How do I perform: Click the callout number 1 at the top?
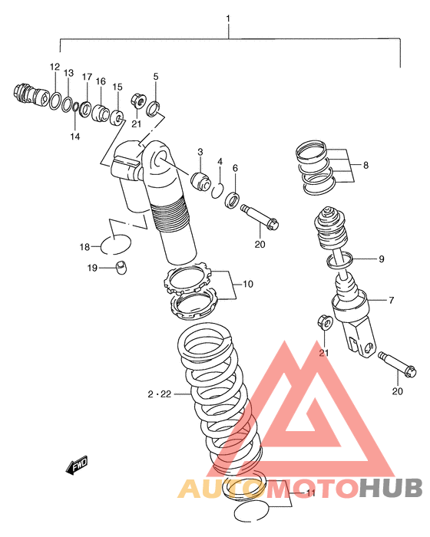228,18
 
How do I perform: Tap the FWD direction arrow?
77,465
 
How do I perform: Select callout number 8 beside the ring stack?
365,165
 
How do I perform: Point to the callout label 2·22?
160,394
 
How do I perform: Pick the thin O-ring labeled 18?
115,245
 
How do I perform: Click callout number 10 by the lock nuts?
248,284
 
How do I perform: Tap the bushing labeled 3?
200,180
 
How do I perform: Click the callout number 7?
392,300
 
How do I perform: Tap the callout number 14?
75,137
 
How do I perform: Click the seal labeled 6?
232,200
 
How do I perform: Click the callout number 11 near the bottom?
311,493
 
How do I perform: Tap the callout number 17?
87,77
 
